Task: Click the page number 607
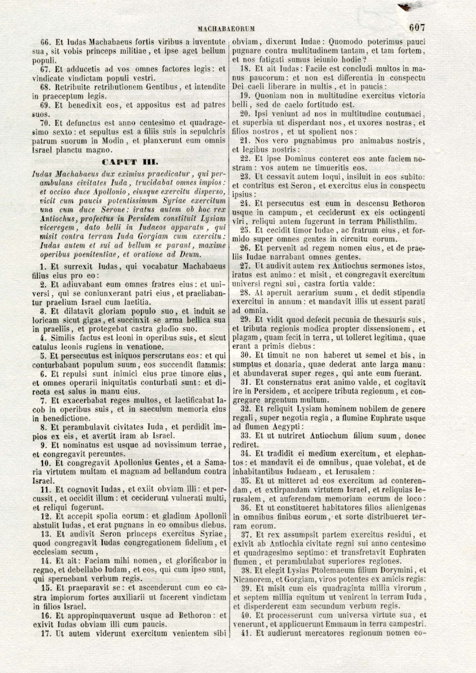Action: (x=417, y=27)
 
